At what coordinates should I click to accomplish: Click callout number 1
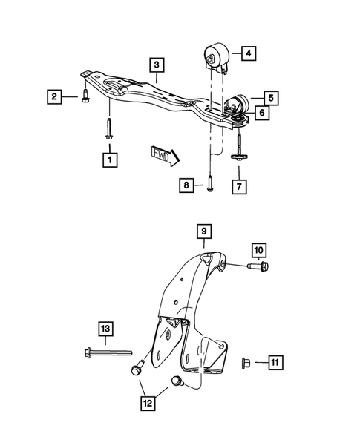[110, 159]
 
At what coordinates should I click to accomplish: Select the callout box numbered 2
[54, 96]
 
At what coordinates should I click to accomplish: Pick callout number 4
[248, 53]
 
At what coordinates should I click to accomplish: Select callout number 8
[187, 183]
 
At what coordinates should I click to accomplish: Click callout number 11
[274, 363]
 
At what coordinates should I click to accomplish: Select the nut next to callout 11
[246, 363]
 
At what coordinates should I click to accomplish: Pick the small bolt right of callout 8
[211, 182]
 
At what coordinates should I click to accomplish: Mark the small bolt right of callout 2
[84, 96]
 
